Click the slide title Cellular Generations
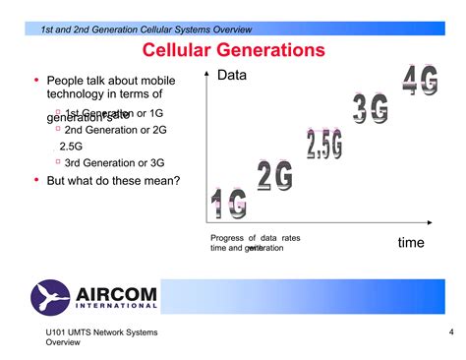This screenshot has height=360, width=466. pyautogui.click(x=233, y=49)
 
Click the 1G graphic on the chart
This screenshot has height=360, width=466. pyautogui.click(x=229, y=203)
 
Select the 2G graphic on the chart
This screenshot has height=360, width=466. pyautogui.click(x=274, y=176)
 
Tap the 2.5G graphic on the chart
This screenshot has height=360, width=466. pyautogui.click(x=323, y=144)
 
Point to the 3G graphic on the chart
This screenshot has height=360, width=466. pyautogui.click(x=372, y=109)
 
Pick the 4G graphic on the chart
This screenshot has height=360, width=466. pyautogui.click(x=420, y=80)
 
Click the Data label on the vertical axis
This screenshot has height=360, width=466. pyautogui.click(x=233, y=76)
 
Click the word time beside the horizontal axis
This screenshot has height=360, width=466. pyautogui.click(x=411, y=242)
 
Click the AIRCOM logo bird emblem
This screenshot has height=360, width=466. pyautogui.click(x=51, y=296)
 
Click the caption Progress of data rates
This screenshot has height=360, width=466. pyautogui.click(x=255, y=238)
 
